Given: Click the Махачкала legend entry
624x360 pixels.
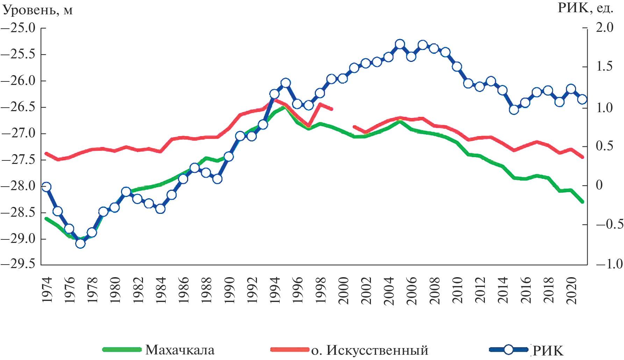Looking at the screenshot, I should click(180, 350).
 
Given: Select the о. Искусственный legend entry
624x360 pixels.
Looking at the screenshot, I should click(370, 350).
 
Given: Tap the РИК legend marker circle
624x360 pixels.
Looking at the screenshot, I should click(509, 349).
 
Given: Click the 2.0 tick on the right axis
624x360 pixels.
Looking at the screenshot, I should click(604, 28).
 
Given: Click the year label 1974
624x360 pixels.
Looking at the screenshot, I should click(47, 290).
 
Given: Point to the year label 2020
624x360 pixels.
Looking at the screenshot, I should click(571, 290).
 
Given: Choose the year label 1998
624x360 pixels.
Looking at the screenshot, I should click(321, 290).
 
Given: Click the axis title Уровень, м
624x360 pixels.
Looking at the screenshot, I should click(38, 10).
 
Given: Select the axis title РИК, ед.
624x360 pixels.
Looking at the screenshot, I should click(585, 8).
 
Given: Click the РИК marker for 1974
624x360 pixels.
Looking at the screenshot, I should click(46, 187).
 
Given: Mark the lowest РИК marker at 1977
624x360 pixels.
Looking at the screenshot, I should click(80, 243).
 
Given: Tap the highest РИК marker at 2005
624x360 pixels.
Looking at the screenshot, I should click(400, 44).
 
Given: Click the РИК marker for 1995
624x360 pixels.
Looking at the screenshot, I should click(286, 83).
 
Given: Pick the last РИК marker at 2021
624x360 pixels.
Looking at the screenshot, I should click(582, 99).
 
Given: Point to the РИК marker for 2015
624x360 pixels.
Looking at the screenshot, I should click(514, 110).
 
